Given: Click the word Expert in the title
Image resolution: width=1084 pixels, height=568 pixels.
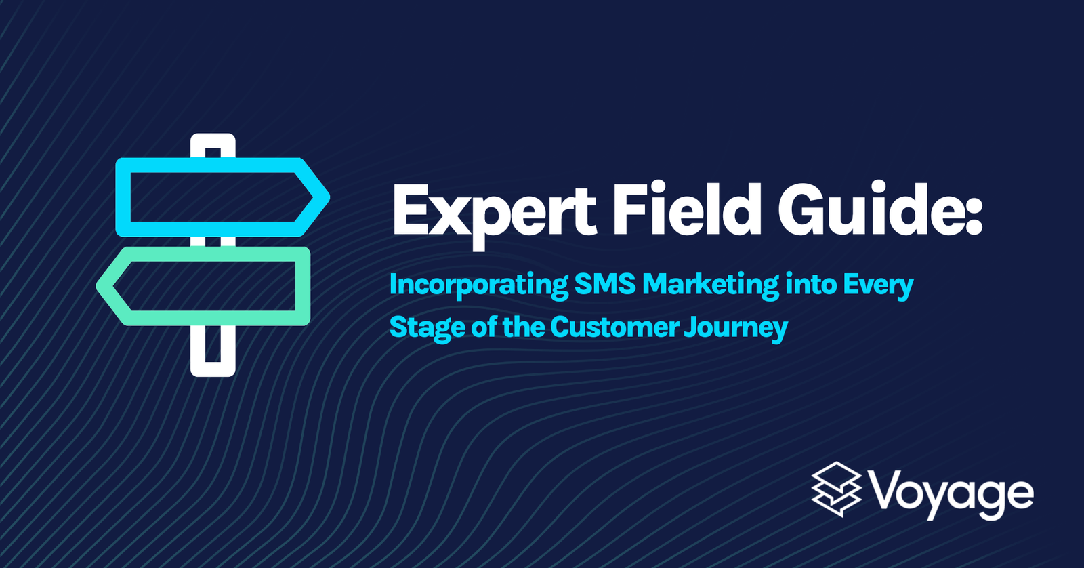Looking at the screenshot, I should click(x=494, y=211).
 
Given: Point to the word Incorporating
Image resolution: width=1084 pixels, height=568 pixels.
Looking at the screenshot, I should click(x=478, y=285).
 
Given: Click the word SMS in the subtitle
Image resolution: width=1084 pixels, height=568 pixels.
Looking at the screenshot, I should click(x=606, y=284).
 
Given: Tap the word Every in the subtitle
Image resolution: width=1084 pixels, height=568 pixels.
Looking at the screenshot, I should click(x=878, y=285).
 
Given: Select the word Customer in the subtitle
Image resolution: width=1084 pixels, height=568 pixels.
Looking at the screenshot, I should click(x=614, y=327).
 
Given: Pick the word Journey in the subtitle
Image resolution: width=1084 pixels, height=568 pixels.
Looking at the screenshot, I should click(x=736, y=328).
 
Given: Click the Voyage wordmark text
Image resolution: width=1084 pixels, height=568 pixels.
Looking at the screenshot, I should click(x=951, y=495).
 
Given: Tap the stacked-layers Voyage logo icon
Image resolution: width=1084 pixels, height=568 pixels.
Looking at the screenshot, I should click(x=836, y=489).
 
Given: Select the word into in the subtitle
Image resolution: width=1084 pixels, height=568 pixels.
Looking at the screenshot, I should click(x=811, y=284).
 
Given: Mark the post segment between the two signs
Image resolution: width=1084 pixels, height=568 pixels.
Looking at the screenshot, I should click(x=213, y=242).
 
